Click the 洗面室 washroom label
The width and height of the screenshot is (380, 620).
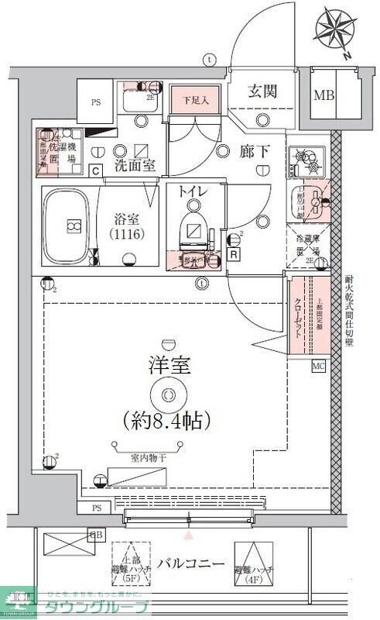pyautogui.click(x=135, y=165)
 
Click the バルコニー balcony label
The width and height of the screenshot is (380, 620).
pyautogui.click(x=191, y=563)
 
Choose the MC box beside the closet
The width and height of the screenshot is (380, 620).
pyautogui.click(x=318, y=364)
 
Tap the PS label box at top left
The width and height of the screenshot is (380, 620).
pyautogui.click(x=97, y=101)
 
